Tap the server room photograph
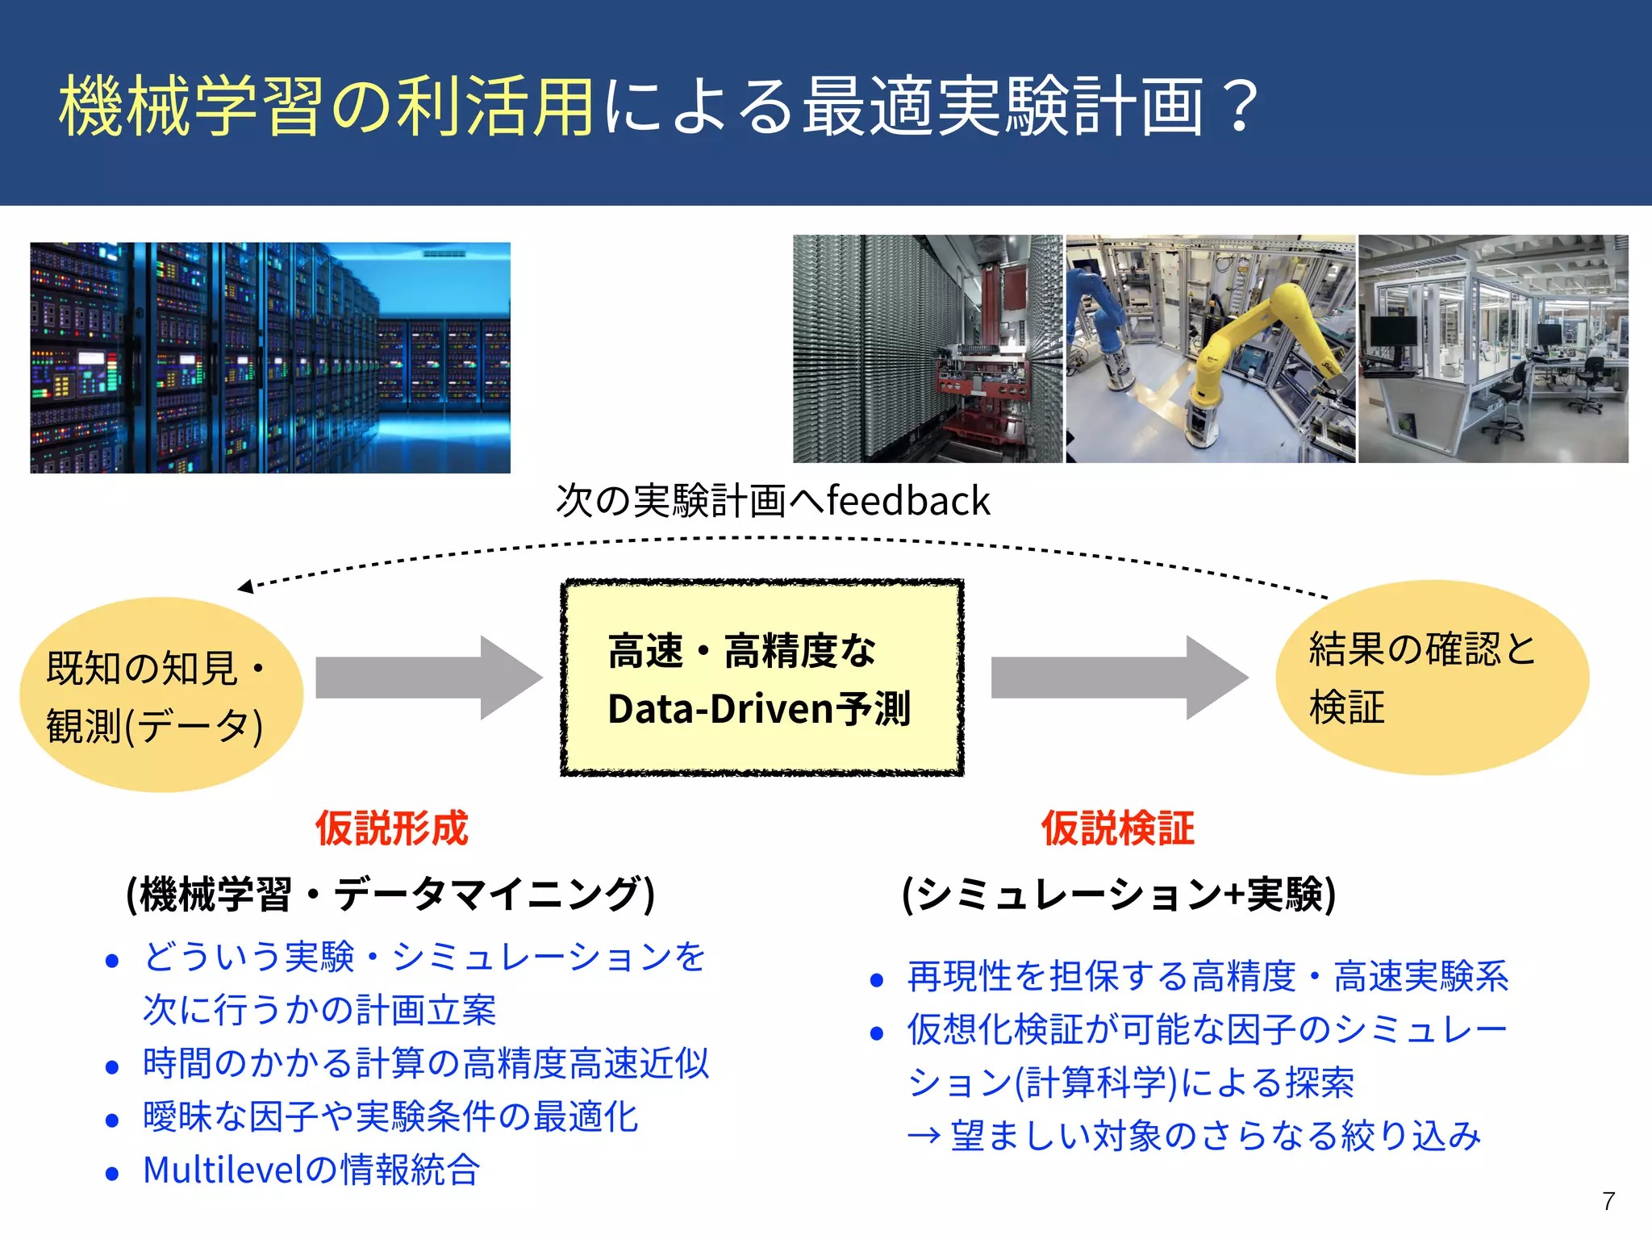point(270,357)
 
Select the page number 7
point(1608,1201)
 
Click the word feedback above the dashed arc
point(908,501)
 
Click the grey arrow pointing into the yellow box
point(428,678)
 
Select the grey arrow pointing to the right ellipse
point(1118,678)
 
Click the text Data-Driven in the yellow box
point(720,709)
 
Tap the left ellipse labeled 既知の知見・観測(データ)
point(161,695)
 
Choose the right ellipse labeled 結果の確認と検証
point(1432,678)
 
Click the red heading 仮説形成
point(391,828)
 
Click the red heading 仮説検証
point(1117,828)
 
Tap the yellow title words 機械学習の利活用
point(327,106)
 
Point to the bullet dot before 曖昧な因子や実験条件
point(112,1120)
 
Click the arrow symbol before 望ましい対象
point(924,1137)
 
